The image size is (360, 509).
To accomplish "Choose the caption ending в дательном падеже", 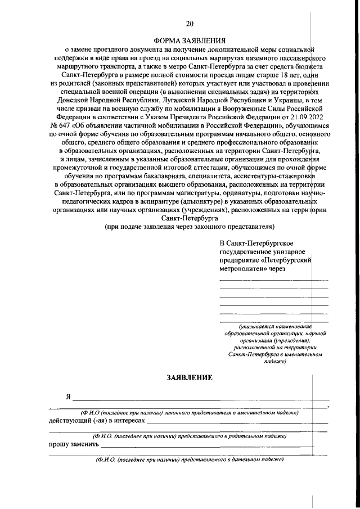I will pos(190,459).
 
